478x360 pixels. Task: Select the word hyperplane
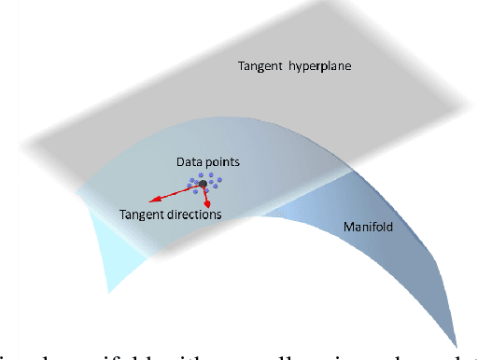coord(301,67)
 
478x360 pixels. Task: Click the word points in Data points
coord(224,162)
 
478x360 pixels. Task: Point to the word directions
coord(194,215)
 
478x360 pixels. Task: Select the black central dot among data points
coord(203,185)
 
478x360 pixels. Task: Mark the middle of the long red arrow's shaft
coord(176,192)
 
